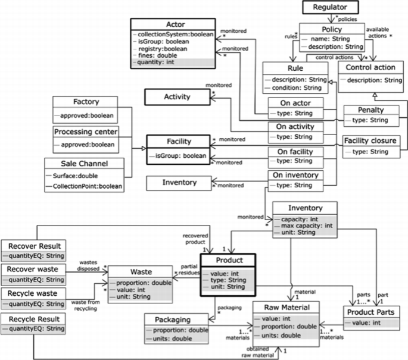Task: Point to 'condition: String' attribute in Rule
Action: pos(294,88)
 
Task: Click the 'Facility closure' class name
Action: pos(370,142)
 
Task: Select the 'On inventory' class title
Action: pos(294,176)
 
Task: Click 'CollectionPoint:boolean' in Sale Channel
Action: pos(87,187)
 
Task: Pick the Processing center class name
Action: pos(85,132)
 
